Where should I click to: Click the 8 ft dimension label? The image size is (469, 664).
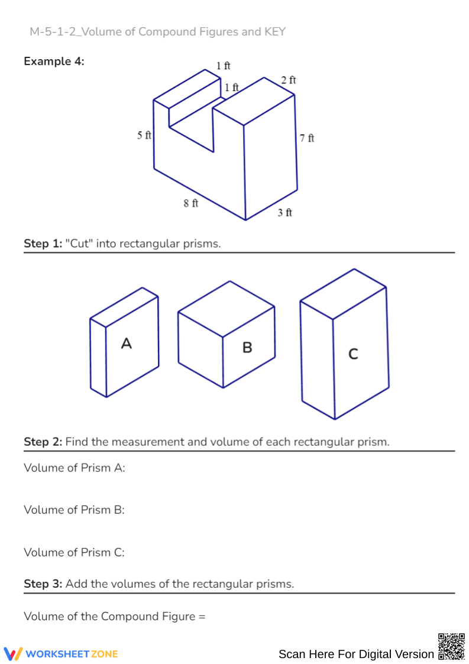coord(190,203)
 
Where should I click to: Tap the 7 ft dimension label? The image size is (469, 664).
coord(307,138)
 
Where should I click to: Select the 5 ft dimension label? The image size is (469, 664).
coord(144,135)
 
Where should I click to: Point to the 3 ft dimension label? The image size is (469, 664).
coord(285,212)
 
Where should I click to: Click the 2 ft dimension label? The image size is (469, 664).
coord(289,80)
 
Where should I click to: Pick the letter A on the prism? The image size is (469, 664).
coord(126,343)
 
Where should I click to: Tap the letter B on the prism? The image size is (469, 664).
coord(247,348)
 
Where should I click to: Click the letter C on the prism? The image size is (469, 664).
coord(353,354)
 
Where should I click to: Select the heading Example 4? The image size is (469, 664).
coord(54,61)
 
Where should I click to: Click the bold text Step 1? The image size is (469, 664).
coord(43,244)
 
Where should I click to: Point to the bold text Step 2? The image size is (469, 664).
coord(43,442)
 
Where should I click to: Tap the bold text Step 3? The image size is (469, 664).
coord(43,584)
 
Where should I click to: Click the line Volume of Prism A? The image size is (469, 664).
coord(75,468)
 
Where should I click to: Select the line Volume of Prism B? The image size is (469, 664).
coord(75,510)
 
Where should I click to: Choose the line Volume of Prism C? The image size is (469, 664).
coord(75,552)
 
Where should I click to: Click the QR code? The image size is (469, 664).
coord(451,646)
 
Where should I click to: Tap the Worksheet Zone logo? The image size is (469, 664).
coord(61,653)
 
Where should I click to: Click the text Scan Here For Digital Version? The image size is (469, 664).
coord(356,654)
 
